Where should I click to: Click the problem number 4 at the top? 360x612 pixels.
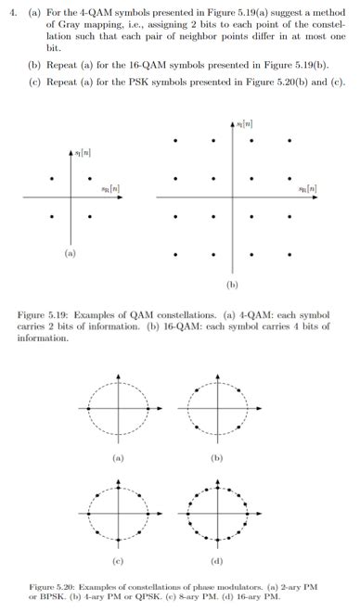point(11,11)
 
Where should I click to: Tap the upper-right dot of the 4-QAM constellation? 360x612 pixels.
point(89,178)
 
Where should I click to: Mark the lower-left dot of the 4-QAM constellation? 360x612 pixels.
point(52,217)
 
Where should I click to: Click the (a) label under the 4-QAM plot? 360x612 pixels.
point(70,251)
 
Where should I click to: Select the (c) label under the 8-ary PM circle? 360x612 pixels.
point(118,561)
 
